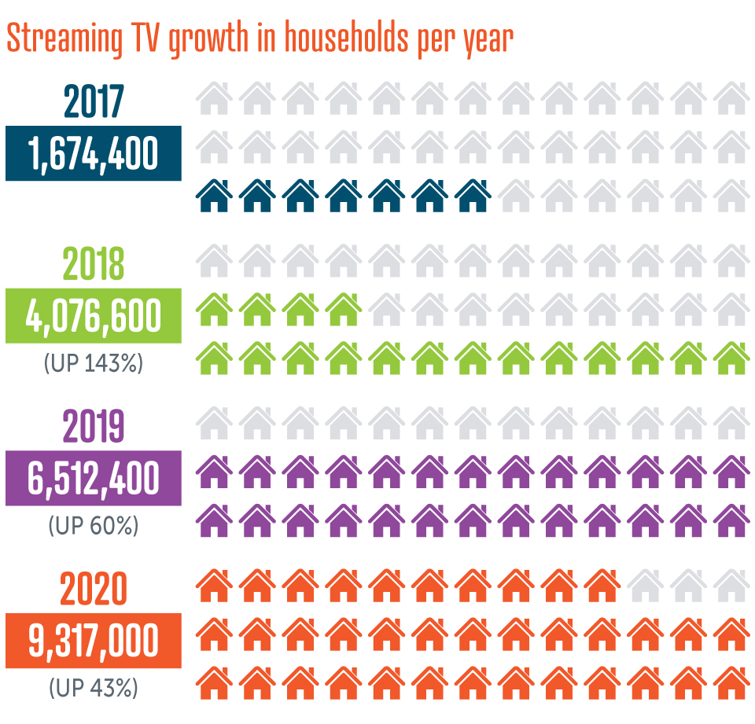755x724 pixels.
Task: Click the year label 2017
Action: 94,101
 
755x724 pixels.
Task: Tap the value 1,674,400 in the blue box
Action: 94,153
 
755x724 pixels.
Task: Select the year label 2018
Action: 94,265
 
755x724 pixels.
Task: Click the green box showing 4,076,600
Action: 94,315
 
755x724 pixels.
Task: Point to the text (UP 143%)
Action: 94,364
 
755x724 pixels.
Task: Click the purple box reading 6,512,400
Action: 94,478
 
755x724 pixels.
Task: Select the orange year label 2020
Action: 94,590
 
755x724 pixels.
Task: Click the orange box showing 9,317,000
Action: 94,640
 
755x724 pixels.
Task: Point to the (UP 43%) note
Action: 94,689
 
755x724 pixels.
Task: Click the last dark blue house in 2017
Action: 473,197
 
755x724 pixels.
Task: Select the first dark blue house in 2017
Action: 213,197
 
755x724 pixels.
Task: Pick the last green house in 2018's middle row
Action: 343,310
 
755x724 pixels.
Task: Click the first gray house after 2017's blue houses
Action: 516,197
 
